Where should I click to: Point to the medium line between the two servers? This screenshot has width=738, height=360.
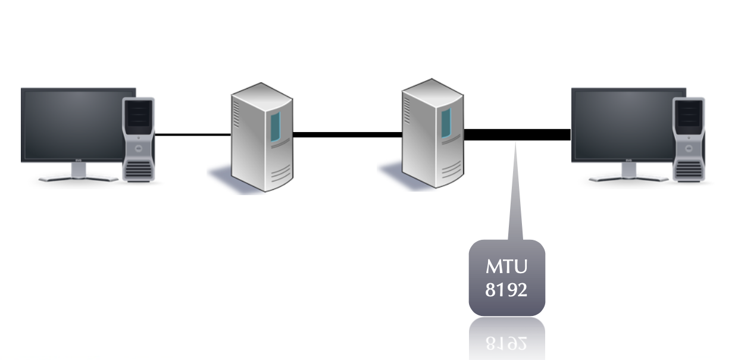click(x=348, y=134)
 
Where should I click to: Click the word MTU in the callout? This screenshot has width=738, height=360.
click(x=506, y=265)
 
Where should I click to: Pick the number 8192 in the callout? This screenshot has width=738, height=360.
click(x=506, y=290)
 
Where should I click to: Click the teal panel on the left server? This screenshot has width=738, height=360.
click(x=274, y=127)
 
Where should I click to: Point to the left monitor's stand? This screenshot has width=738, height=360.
click(x=78, y=173)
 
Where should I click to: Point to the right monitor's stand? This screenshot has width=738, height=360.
click(x=628, y=173)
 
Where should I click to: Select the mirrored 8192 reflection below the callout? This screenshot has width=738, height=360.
click(x=506, y=342)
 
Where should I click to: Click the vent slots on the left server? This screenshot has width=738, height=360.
click(x=237, y=113)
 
